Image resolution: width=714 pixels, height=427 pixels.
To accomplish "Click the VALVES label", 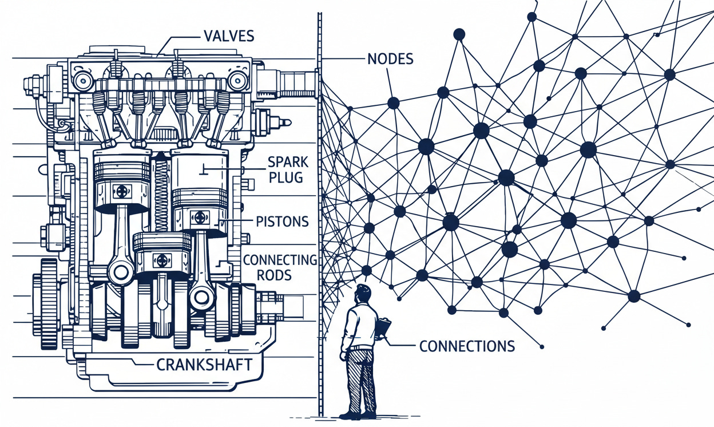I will click(228, 36).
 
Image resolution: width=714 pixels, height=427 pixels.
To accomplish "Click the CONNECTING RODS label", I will click(280, 267).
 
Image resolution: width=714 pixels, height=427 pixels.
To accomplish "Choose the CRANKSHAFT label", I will click(204, 365).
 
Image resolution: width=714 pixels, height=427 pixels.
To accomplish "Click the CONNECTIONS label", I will click(467, 346).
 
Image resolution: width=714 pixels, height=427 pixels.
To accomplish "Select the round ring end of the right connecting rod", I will click(201, 296).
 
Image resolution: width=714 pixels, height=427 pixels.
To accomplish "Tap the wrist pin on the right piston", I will click(199, 217).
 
